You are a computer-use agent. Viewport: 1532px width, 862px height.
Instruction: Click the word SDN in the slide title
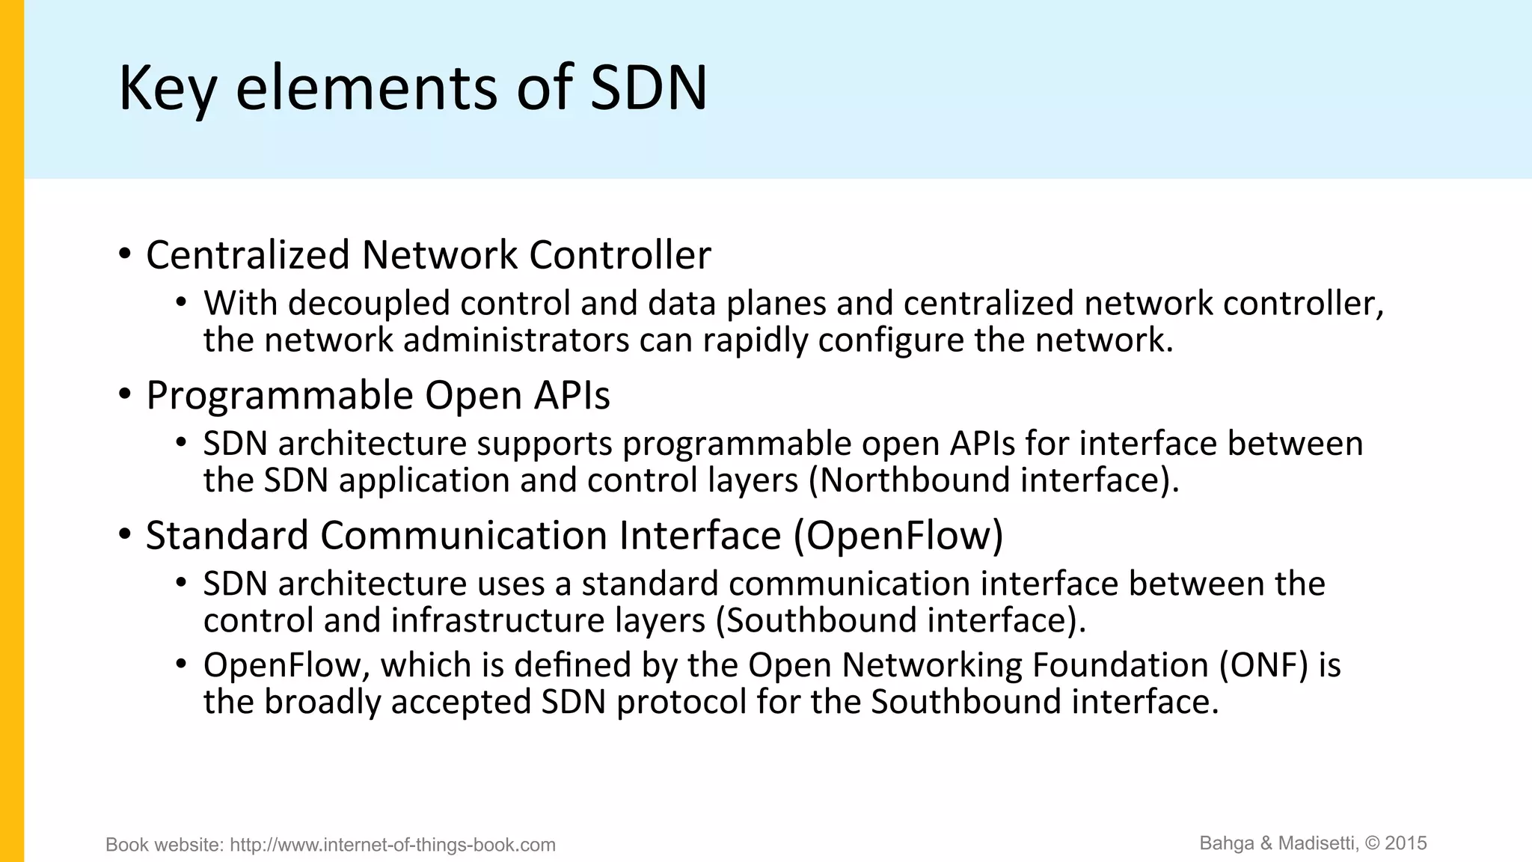tap(648, 88)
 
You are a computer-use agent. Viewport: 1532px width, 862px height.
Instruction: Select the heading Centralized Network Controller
tap(428, 255)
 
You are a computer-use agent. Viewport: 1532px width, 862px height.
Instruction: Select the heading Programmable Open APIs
tap(378, 395)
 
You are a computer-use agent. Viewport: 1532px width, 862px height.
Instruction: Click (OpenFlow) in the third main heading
tap(898, 536)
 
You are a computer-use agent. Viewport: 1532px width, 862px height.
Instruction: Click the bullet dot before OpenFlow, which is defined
tap(181, 664)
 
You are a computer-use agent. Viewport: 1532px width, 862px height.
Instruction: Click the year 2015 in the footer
tap(1406, 843)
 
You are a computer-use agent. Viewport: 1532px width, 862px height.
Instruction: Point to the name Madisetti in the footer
tap(1318, 843)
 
